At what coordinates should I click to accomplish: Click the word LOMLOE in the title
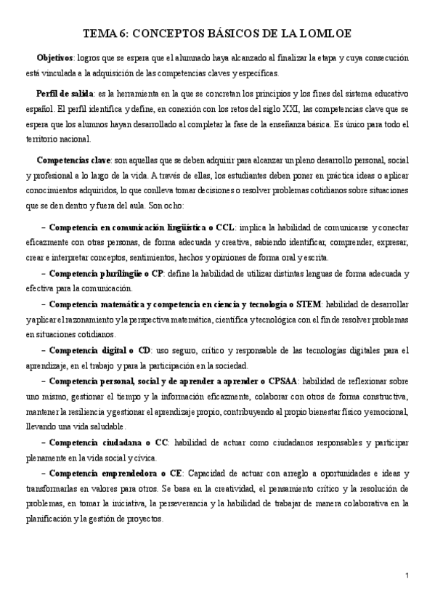(x=327, y=33)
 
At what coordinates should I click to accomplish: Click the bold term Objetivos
(x=55, y=57)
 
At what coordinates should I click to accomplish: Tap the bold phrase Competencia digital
(x=91, y=350)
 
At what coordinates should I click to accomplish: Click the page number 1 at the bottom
(x=407, y=576)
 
